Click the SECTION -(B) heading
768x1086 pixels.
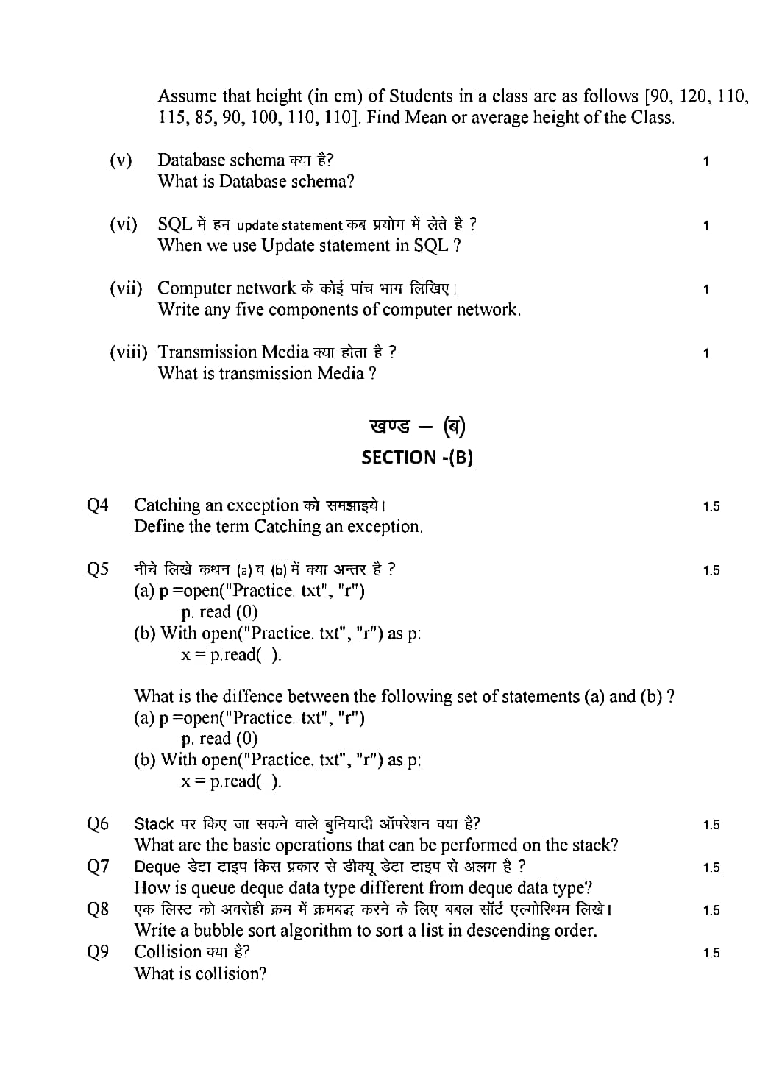(416, 457)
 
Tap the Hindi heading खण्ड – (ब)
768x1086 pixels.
(417, 427)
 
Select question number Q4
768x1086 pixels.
(98, 505)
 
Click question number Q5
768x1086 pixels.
(98, 569)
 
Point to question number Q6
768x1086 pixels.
(98, 824)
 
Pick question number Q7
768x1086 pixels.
(98, 867)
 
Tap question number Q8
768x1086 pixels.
(98, 909)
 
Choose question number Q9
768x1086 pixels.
(98, 952)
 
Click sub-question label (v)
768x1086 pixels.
(121, 160)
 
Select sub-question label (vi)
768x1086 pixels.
(123, 224)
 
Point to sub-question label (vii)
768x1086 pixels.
(126, 288)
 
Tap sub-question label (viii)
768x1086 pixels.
(128, 352)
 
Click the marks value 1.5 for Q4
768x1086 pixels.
(711, 506)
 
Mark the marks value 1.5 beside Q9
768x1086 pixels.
(711, 953)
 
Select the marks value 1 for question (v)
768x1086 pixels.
(705, 161)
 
